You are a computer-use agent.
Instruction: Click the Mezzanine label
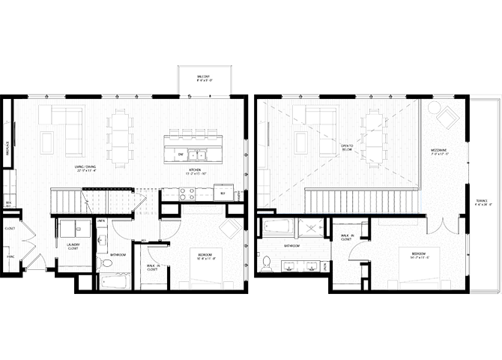(x=439, y=151)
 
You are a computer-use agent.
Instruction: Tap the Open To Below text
(x=346, y=147)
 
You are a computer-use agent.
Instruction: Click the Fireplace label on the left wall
(x=7, y=145)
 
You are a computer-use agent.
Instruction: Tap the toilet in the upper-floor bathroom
(x=267, y=263)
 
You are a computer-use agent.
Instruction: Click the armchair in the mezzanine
(x=448, y=118)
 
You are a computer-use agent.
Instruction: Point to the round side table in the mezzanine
(x=432, y=107)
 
